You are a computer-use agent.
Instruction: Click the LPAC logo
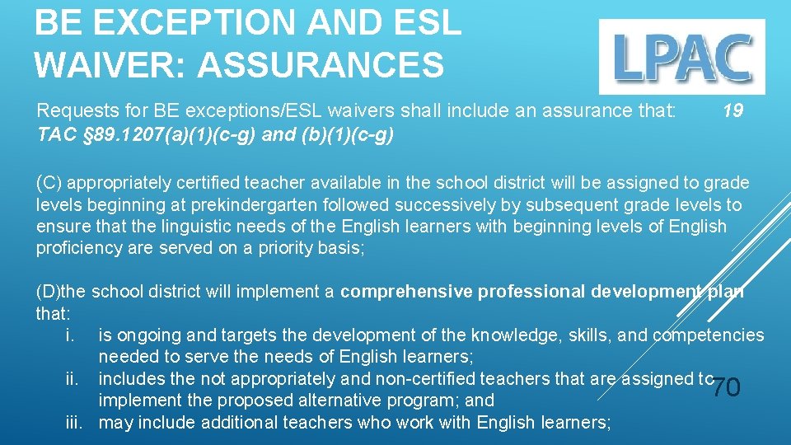(x=681, y=56)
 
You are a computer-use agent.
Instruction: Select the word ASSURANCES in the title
(x=321, y=64)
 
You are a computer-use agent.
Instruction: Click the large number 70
(x=726, y=386)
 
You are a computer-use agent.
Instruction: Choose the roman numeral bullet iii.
(x=75, y=423)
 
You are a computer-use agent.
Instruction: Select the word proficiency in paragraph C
(x=77, y=247)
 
